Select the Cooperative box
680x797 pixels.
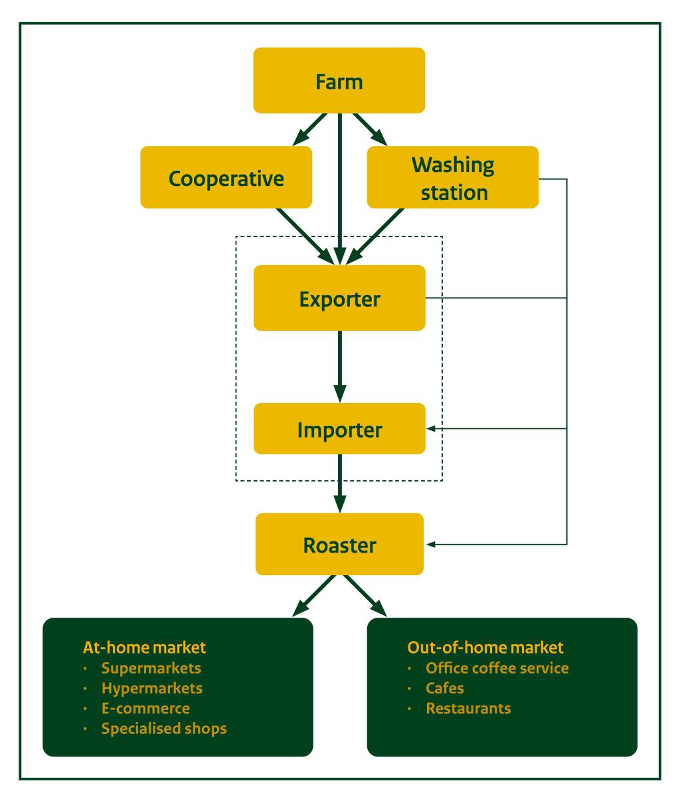coord(226,178)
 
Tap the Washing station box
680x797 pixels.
coord(452,178)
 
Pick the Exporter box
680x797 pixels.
coord(339,298)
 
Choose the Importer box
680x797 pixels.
coord(339,429)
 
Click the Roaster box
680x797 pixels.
coord(339,545)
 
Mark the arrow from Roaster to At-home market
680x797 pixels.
coord(313,595)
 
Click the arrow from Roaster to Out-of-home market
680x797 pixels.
coord(365,595)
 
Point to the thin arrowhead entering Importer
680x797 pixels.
coord(431,429)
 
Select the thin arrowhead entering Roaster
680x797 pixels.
coord(431,545)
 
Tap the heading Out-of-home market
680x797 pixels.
coord(485,647)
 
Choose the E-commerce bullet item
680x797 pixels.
coord(145,708)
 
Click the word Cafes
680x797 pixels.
coord(445,688)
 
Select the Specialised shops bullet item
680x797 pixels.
coord(164,728)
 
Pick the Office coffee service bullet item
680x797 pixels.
coord(497,667)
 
